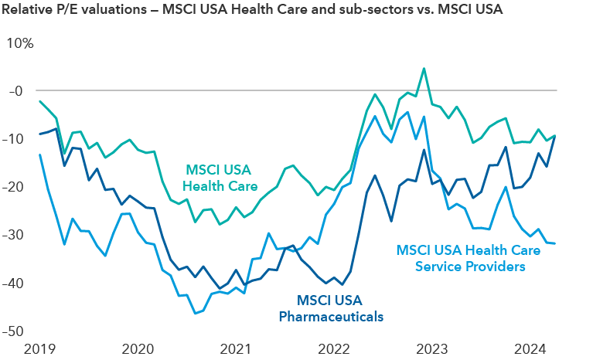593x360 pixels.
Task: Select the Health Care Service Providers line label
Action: [x=461, y=258]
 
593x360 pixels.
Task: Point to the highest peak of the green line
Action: [x=424, y=68]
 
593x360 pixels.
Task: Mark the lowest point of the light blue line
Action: [x=195, y=313]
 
